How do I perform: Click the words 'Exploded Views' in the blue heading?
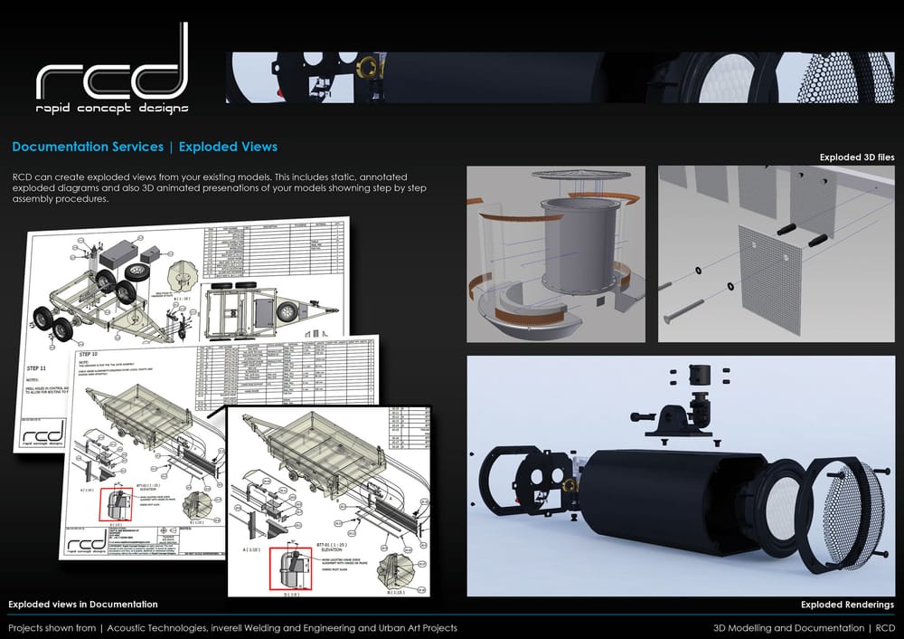pyautogui.click(x=228, y=147)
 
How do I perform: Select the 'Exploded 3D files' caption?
pyautogui.click(x=856, y=157)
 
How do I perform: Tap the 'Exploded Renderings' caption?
pyautogui.click(x=847, y=604)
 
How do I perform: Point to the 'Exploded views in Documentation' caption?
pyautogui.click(x=83, y=604)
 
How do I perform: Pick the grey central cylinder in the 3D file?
pyautogui.click(x=579, y=244)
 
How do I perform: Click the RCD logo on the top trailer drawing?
pyautogui.click(x=45, y=433)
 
